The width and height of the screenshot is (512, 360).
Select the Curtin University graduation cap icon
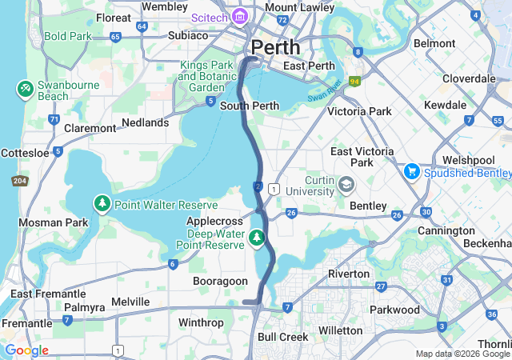point(346,185)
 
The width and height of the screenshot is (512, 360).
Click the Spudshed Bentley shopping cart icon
point(412,171)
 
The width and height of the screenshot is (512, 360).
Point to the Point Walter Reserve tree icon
point(102,204)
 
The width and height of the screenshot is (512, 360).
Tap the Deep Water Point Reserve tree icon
point(256,237)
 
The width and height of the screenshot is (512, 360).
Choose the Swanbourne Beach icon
point(24,86)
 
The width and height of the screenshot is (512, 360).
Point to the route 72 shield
point(282,19)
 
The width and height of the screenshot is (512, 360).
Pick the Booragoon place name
point(218,281)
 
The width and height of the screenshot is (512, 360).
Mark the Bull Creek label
point(282,337)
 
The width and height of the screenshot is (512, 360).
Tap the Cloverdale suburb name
point(469,78)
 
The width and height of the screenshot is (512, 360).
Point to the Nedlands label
point(145,122)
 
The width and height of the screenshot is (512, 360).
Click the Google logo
point(26,350)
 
